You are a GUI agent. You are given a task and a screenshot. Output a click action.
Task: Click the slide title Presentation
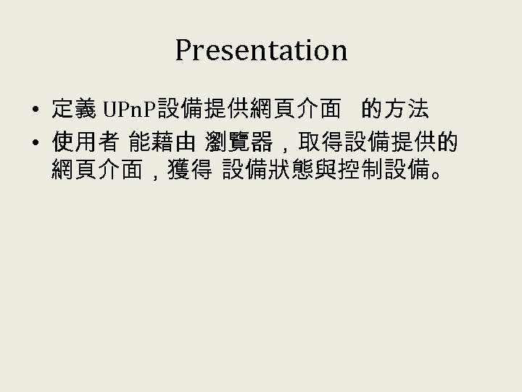pos(261,51)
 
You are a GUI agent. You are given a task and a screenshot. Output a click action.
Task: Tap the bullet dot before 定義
pos(35,111)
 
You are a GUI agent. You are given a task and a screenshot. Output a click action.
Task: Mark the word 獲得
pos(188,173)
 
